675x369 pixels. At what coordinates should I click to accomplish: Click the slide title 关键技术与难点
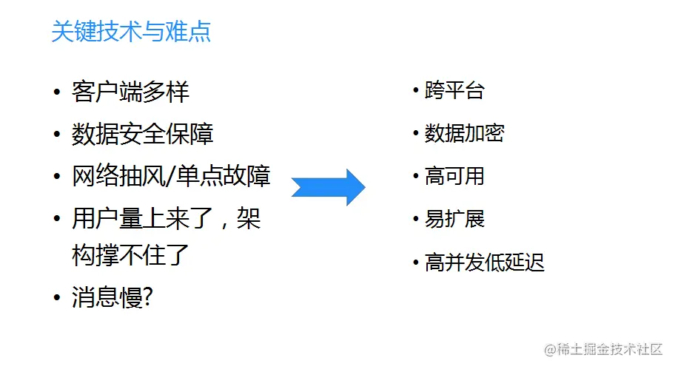point(131,32)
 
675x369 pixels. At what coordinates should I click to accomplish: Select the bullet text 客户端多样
point(130,92)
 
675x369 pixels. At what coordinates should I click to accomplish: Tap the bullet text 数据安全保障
point(142,135)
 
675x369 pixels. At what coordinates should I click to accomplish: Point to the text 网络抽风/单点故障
point(171,177)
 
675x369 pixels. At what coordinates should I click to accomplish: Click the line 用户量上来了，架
point(167,219)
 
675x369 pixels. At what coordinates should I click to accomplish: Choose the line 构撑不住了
point(130,255)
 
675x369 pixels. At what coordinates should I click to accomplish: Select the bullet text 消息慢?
point(113,297)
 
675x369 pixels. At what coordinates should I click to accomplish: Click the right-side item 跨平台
point(454,91)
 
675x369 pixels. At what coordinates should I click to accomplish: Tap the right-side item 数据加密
point(464,134)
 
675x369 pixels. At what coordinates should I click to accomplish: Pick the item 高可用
point(454,177)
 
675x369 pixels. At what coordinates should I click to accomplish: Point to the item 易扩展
point(454,220)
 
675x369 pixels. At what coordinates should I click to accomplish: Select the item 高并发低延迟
point(484,263)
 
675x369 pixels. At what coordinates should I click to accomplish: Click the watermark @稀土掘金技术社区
point(602,349)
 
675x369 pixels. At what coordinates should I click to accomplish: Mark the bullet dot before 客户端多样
point(57,93)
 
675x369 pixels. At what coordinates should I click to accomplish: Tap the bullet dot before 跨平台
point(416,91)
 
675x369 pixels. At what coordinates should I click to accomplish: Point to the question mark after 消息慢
point(147,297)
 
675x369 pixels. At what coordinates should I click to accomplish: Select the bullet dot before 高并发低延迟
point(416,263)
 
